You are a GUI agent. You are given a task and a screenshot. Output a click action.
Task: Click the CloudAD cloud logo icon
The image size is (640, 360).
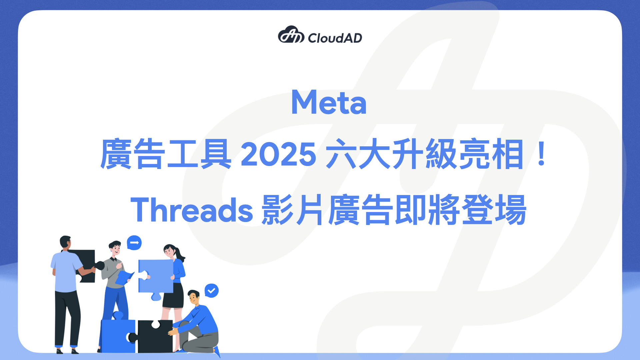tap(291, 35)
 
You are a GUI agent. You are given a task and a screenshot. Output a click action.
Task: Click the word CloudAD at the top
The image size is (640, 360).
tap(335, 38)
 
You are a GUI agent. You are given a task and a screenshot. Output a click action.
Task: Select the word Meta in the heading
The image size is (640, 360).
tap(329, 102)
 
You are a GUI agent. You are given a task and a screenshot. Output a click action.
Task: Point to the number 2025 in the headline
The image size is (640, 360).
tap(278, 154)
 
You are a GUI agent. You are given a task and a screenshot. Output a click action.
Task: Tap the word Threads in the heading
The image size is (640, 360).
tap(192, 210)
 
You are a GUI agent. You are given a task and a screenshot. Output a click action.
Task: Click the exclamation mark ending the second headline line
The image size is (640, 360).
tap(542, 154)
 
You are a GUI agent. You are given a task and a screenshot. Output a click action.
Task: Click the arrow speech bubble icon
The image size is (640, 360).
tap(134, 243)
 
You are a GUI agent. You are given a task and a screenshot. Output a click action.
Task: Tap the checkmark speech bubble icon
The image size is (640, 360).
tap(211, 291)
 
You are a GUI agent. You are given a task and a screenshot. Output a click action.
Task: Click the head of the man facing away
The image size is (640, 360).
tap(65, 242)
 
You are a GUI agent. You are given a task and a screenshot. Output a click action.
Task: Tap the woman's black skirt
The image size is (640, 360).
tap(173, 296)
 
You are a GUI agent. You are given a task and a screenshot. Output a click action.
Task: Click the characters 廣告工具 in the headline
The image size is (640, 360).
tap(166, 154)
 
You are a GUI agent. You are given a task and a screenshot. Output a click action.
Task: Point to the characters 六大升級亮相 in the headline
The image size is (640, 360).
tap(425, 154)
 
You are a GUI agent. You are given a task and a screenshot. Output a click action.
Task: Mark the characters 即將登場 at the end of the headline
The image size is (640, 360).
tap(461, 210)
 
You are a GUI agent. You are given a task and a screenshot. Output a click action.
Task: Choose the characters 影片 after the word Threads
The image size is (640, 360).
tap(292, 210)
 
